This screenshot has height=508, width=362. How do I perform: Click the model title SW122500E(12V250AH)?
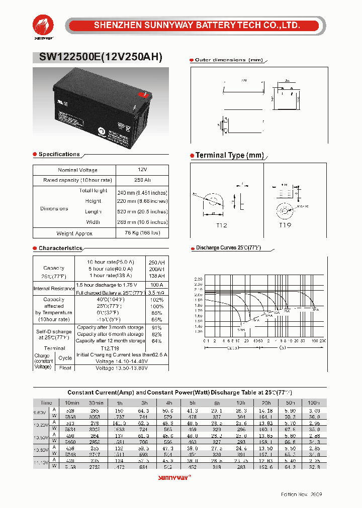pos(101,57)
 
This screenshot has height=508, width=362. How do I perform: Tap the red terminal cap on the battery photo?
pos(142,93)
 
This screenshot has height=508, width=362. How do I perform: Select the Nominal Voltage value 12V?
pos(142,170)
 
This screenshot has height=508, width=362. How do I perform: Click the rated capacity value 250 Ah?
pos(142,180)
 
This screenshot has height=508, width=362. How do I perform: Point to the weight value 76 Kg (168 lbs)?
pos(142,233)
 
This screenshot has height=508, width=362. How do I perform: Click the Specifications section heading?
pos(59,154)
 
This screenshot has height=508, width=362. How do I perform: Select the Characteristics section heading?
pos(60,248)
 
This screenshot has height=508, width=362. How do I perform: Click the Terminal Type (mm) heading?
pos(229,156)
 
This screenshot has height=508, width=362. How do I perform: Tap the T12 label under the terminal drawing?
pos(222,226)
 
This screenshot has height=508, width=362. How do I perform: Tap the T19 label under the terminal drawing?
pos(285,226)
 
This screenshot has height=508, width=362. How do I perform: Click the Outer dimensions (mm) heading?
pos(229,60)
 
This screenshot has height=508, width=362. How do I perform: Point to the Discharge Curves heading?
pos(228,248)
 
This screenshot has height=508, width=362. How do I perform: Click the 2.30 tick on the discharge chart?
pos(198,279)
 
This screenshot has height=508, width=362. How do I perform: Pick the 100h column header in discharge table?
pos(314,403)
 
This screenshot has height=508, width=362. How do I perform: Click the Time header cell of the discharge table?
pos(46,403)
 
